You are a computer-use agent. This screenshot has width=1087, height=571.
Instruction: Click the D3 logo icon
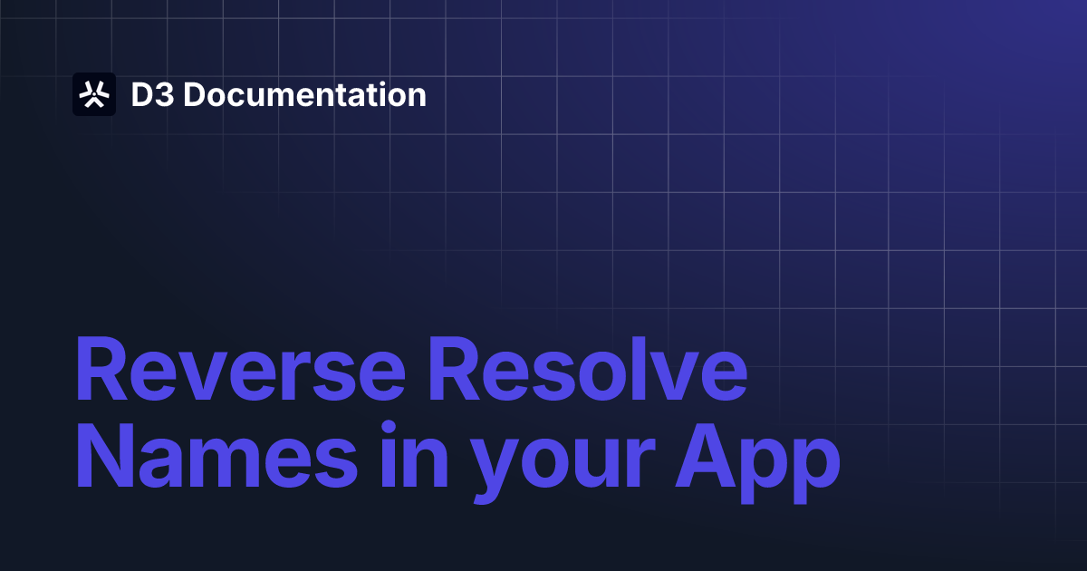(x=94, y=94)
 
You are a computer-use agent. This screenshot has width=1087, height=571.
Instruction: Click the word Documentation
(x=304, y=95)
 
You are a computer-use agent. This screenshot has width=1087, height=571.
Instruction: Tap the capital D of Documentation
(x=193, y=95)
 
